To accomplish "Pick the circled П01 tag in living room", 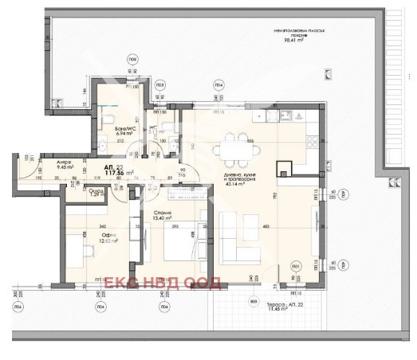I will tap(296, 265).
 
